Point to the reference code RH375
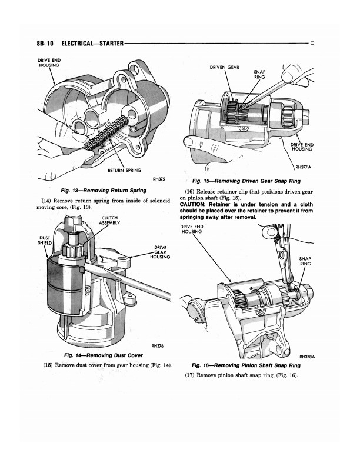(x=158, y=179)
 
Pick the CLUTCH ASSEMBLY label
(x=110, y=221)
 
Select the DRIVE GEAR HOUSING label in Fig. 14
(x=161, y=252)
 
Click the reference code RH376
(x=156, y=346)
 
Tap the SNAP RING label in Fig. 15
(x=259, y=74)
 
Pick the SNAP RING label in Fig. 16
(x=305, y=261)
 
